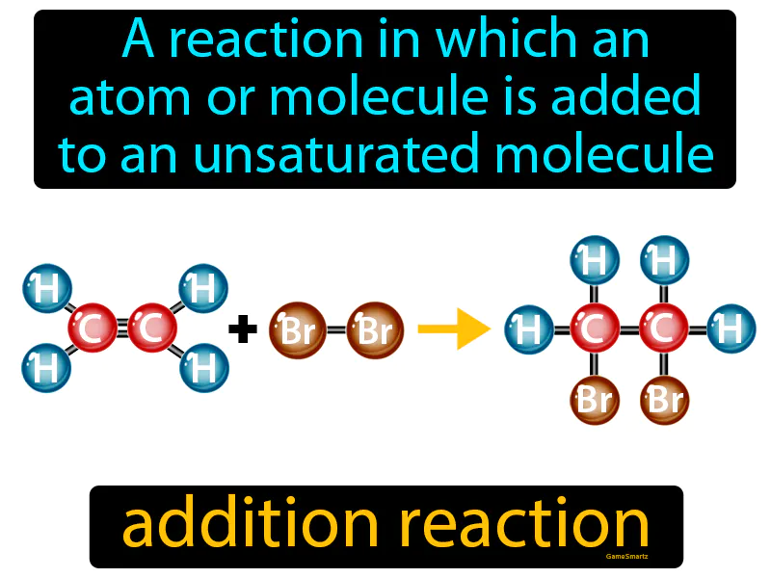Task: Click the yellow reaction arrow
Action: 453,329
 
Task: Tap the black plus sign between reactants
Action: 243,330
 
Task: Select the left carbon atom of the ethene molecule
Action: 93,328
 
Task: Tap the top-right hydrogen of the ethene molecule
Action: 203,287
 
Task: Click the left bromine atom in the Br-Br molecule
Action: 297,329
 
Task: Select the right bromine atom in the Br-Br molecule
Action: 373,329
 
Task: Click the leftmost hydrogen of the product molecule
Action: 530,329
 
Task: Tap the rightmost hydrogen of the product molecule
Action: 731,329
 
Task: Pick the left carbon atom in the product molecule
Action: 596,329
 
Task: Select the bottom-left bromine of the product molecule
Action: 596,398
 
